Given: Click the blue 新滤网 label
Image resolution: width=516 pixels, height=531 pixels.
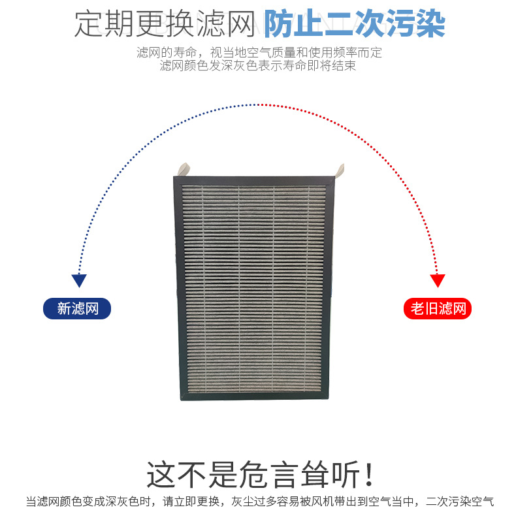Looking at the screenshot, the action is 77,308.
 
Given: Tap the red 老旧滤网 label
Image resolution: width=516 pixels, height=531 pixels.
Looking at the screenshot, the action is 437,308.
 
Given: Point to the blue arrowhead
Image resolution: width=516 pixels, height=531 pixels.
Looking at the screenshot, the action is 79,281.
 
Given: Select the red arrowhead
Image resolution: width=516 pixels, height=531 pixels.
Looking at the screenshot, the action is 438,281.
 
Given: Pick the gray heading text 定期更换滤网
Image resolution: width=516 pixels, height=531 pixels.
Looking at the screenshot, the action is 163,25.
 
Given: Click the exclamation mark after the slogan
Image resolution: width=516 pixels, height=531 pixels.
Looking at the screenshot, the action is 369,475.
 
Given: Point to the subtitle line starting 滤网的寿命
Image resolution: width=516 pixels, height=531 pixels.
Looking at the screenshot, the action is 259,53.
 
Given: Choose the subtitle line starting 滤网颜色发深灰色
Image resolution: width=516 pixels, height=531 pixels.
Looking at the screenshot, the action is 258,66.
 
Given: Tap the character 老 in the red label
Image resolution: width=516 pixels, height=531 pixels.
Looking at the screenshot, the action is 417,308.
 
